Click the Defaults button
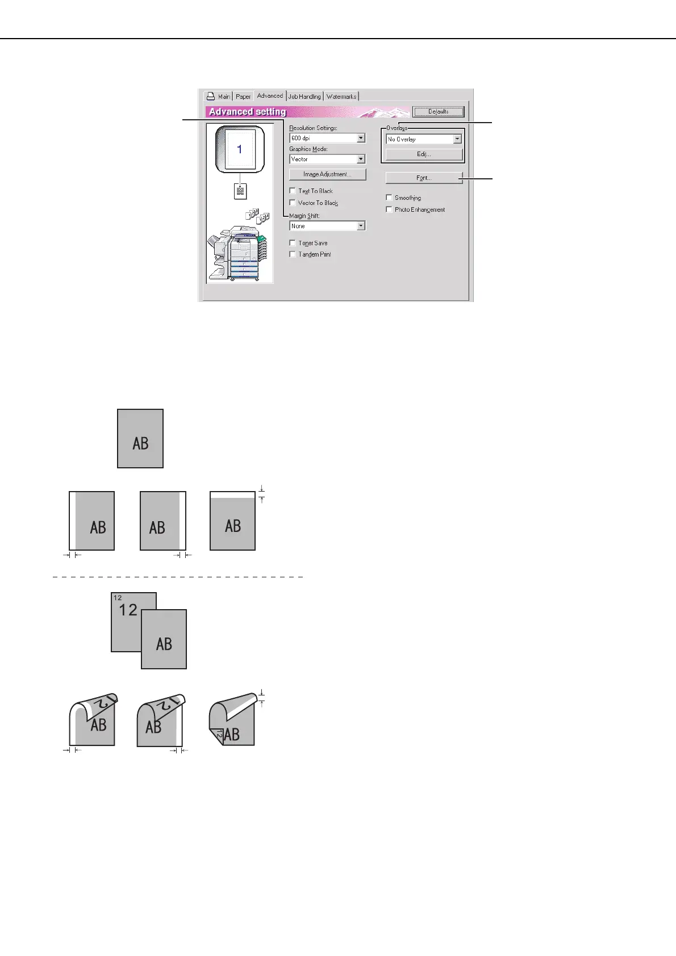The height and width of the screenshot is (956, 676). point(438,112)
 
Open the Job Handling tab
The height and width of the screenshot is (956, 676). point(304,97)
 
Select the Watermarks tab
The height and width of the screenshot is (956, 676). point(341,97)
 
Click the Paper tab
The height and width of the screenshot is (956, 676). point(243,97)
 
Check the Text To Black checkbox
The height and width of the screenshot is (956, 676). point(293,191)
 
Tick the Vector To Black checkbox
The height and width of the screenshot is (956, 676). point(293,203)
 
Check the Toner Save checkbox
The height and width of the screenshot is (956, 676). point(293,243)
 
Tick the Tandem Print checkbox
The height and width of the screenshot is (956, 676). point(293,254)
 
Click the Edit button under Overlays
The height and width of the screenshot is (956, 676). point(424,154)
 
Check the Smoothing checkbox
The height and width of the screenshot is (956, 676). point(389,198)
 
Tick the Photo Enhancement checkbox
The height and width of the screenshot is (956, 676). point(389,209)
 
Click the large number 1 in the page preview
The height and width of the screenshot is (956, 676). point(240,149)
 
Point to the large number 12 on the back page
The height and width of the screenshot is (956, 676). point(128,610)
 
